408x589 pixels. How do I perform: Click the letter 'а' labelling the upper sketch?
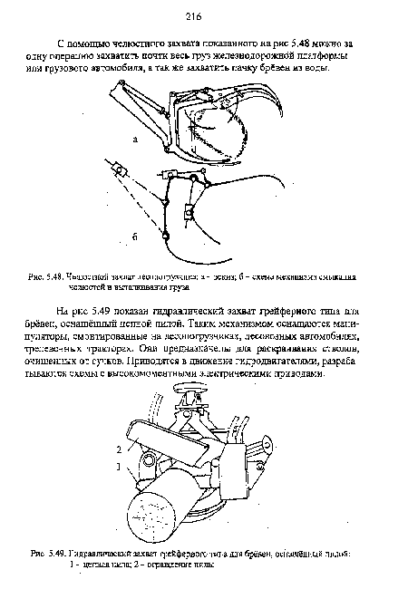pos(134,140)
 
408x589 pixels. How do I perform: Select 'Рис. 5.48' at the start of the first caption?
pos(73,275)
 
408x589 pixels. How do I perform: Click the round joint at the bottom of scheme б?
pos(166,237)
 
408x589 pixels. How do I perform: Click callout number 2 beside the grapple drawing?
pos(118,449)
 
